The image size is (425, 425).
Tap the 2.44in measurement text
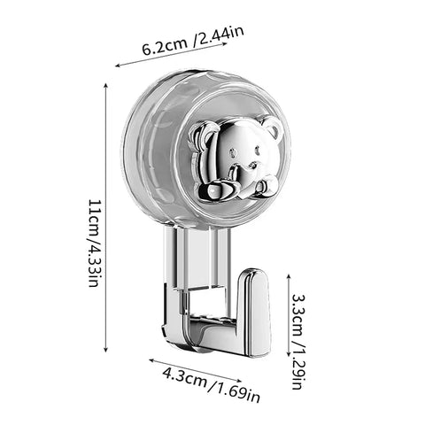220,36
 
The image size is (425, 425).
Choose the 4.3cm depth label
184,378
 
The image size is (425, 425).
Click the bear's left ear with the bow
203,135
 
